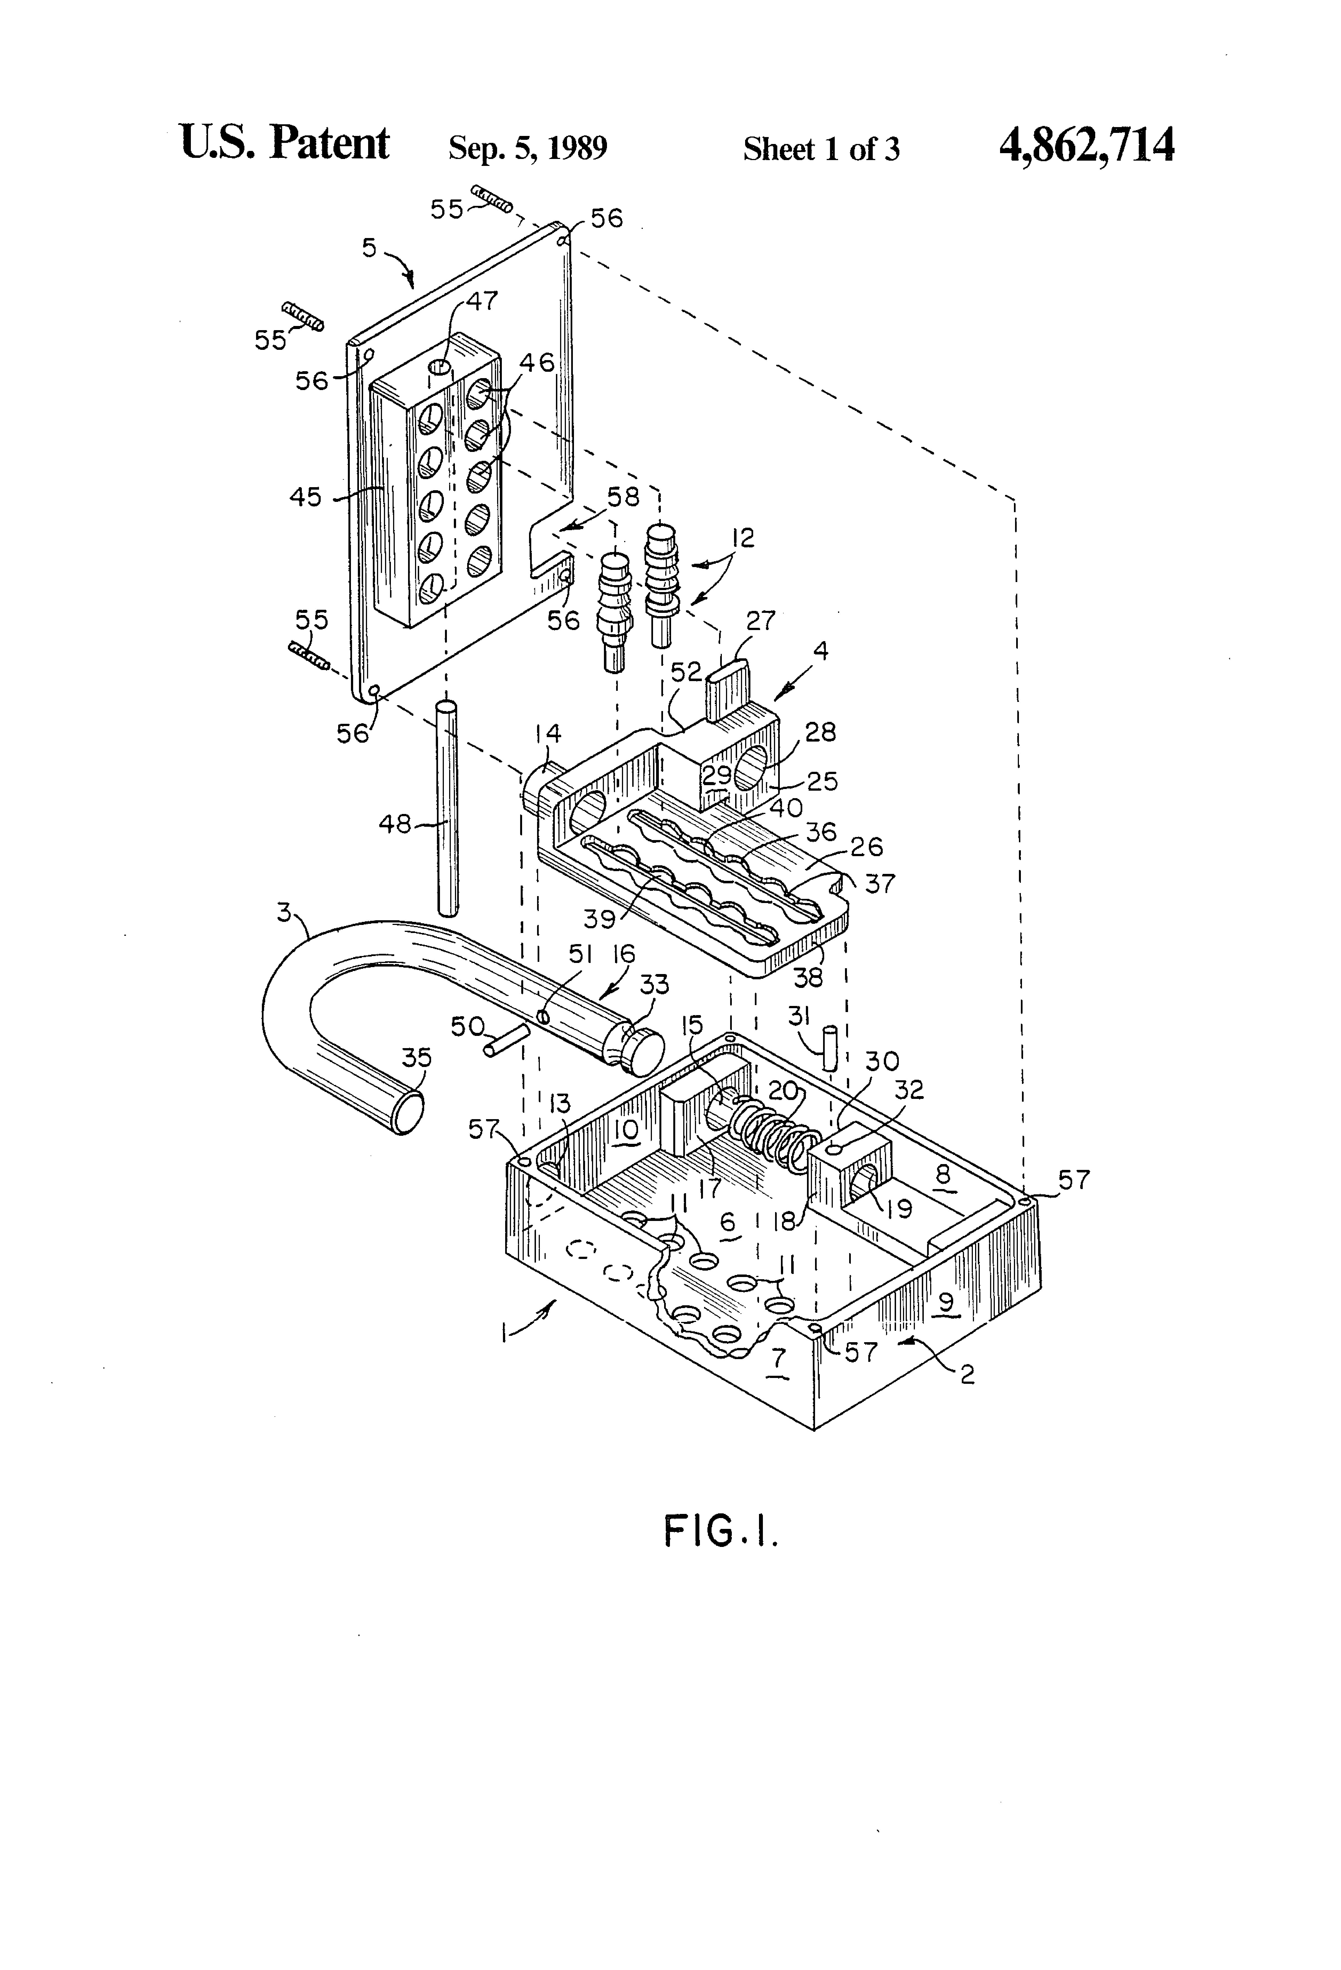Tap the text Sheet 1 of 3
coord(821,149)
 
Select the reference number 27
coord(760,621)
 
